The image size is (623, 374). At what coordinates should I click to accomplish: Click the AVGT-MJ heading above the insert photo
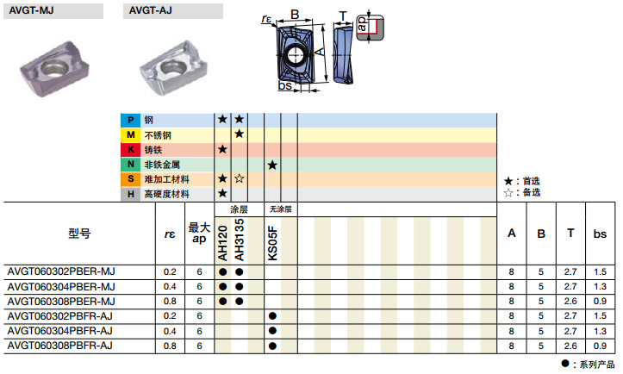point(31,10)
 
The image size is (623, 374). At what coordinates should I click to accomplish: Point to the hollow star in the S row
point(239,178)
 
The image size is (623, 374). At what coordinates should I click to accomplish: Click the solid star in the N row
point(272,164)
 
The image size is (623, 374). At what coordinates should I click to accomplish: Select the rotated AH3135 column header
point(239,243)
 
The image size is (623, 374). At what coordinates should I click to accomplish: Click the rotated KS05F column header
point(272,243)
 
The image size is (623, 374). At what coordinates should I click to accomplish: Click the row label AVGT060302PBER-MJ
point(61,271)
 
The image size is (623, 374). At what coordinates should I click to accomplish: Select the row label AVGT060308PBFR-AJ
point(59,346)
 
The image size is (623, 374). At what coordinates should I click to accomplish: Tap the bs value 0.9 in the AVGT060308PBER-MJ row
point(599,301)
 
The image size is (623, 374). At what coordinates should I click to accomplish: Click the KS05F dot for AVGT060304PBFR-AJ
point(272,331)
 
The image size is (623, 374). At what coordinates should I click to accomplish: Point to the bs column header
point(599,233)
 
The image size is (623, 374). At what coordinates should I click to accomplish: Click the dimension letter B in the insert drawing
point(294,14)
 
